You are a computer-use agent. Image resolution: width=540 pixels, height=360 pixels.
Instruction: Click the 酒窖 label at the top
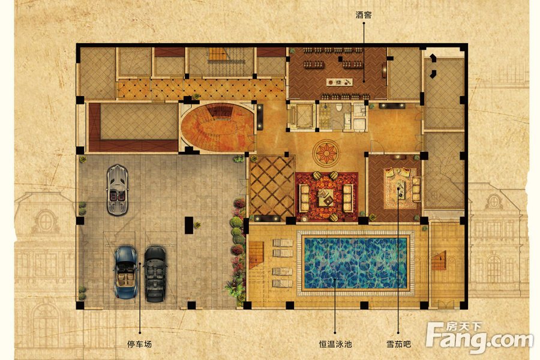click(x=364, y=15)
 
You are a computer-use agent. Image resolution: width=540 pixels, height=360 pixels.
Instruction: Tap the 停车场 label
click(x=139, y=343)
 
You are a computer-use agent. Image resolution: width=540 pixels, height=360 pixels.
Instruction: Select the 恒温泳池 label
click(x=335, y=343)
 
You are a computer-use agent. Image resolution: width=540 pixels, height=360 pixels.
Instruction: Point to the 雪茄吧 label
click(x=398, y=343)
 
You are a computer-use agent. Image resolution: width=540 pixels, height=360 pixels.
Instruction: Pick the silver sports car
click(x=117, y=190)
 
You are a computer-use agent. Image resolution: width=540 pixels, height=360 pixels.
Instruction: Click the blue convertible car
click(x=126, y=272)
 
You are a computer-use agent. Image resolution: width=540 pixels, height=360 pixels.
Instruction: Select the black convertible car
click(x=155, y=274)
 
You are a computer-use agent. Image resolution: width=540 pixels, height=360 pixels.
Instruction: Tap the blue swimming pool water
click(x=355, y=263)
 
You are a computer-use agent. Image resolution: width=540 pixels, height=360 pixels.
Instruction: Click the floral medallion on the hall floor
click(x=326, y=152)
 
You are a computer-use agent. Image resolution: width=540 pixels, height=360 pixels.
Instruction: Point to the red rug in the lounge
click(x=326, y=196)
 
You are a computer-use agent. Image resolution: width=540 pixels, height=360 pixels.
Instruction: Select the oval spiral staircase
click(x=218, y=127)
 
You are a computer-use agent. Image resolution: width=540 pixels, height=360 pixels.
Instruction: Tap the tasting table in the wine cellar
click(x=340, y=82)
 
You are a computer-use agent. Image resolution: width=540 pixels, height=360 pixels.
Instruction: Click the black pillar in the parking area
click(x=189, y=226)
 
